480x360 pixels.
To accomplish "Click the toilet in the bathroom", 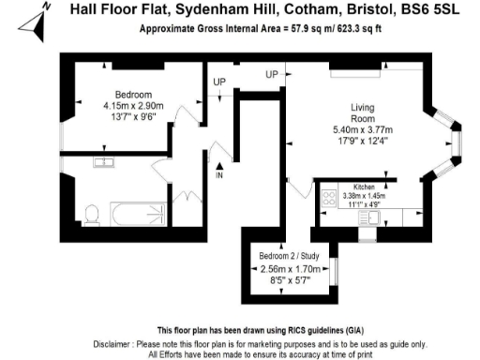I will pos(91,215).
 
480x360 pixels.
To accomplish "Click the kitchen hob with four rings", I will pos(329,198).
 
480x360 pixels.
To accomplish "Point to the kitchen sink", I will pos(374,217).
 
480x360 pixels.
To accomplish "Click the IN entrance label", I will pos(219,175).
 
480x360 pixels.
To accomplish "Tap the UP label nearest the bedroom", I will pos(220,82).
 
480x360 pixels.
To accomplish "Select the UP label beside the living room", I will pos(272,74).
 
